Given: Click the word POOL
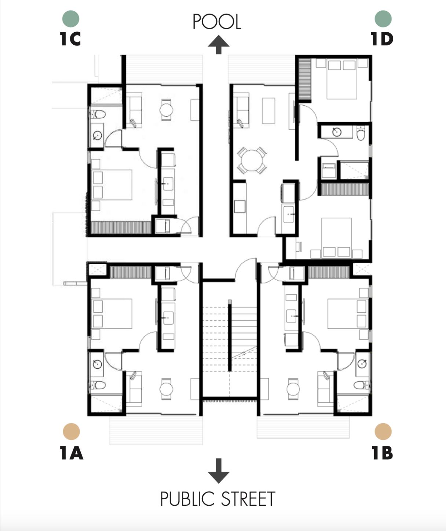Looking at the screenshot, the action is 217,22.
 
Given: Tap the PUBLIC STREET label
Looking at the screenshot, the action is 217,499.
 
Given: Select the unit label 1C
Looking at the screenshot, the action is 70,38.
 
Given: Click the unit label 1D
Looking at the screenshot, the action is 382,38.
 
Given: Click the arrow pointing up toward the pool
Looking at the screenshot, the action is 219,45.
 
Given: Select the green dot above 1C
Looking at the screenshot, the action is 71,19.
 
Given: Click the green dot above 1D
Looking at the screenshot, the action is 383,19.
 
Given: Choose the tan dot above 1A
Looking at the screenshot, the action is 71,432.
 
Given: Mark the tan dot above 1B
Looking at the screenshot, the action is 383,432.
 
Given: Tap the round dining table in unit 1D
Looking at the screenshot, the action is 252,161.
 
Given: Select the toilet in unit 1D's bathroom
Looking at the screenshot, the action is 361,133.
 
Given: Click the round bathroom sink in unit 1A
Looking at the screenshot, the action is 97,364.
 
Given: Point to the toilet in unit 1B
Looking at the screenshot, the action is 361,385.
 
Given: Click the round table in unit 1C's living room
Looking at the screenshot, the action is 167,110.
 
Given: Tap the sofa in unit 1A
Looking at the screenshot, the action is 135,389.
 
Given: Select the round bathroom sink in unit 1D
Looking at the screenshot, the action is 337,132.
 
